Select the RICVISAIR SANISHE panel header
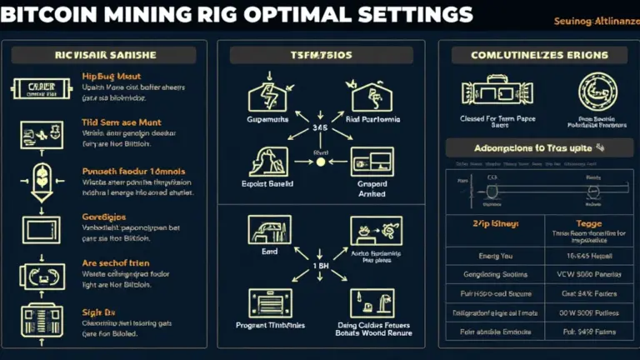pyautogui.click(x=103, y=55)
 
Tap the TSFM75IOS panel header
pyautogui.click(x=320, y=55)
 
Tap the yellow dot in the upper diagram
pyautogui.click(x=319, y=162)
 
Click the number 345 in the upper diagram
pyautogui.click(x=319, y=128)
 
